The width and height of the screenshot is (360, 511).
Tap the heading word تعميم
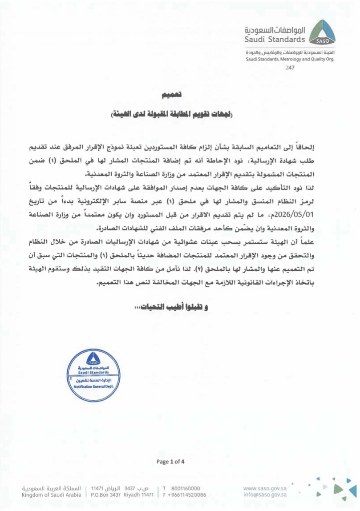[x=171, y=95]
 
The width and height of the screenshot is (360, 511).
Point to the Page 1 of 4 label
[x=170, y=462]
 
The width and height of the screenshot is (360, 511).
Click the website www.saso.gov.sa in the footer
[x=265, y=487]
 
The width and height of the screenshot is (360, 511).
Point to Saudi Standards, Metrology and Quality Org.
[x=290, y=59]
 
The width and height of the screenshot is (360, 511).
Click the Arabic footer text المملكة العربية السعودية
[x=52, y=487]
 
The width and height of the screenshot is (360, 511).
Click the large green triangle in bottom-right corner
[x=339, y=489]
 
